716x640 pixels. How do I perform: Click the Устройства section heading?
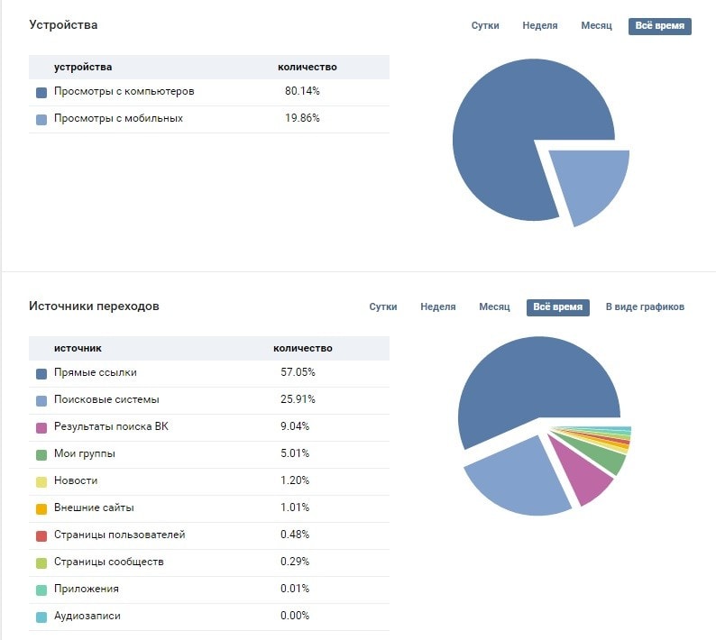(x=63, y=25)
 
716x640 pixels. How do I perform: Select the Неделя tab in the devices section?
(x=539, y=26)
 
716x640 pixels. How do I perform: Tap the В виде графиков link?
(x=645, y=307)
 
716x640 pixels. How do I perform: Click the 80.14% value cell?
(x=302, y=92)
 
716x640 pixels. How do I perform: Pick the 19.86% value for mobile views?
(x=302, y=119)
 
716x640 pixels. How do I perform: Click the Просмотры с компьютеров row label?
(x=124, y=92)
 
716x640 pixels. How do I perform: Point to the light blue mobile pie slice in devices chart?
(x=587, y=184)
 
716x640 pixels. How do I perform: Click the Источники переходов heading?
(x=94, y=306)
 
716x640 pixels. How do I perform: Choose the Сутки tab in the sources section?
(x=383, y=307)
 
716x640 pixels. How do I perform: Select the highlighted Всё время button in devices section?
(x=659, y=26)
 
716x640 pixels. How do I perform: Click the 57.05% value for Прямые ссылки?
(x=298, y=372)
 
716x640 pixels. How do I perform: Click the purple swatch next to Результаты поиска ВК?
(x=41, y=427)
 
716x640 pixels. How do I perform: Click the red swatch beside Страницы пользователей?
(x=41, y=535)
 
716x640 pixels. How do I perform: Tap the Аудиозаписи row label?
(x=87, y=616)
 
